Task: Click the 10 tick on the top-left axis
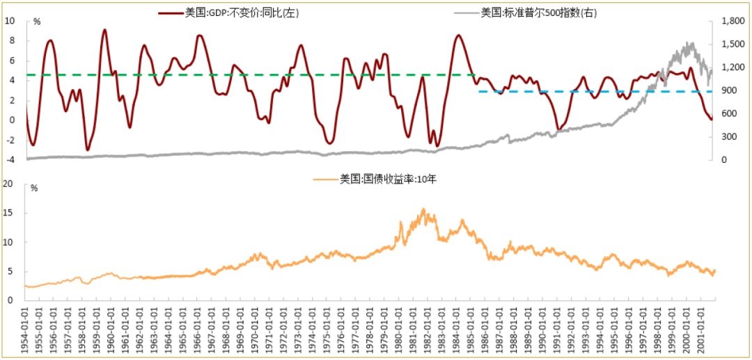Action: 10,21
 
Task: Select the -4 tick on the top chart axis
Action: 10,160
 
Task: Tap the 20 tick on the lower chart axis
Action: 10,184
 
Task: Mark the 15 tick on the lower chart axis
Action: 10,213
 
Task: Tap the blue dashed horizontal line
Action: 592,91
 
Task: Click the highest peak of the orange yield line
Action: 423,208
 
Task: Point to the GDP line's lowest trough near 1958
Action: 87,150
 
